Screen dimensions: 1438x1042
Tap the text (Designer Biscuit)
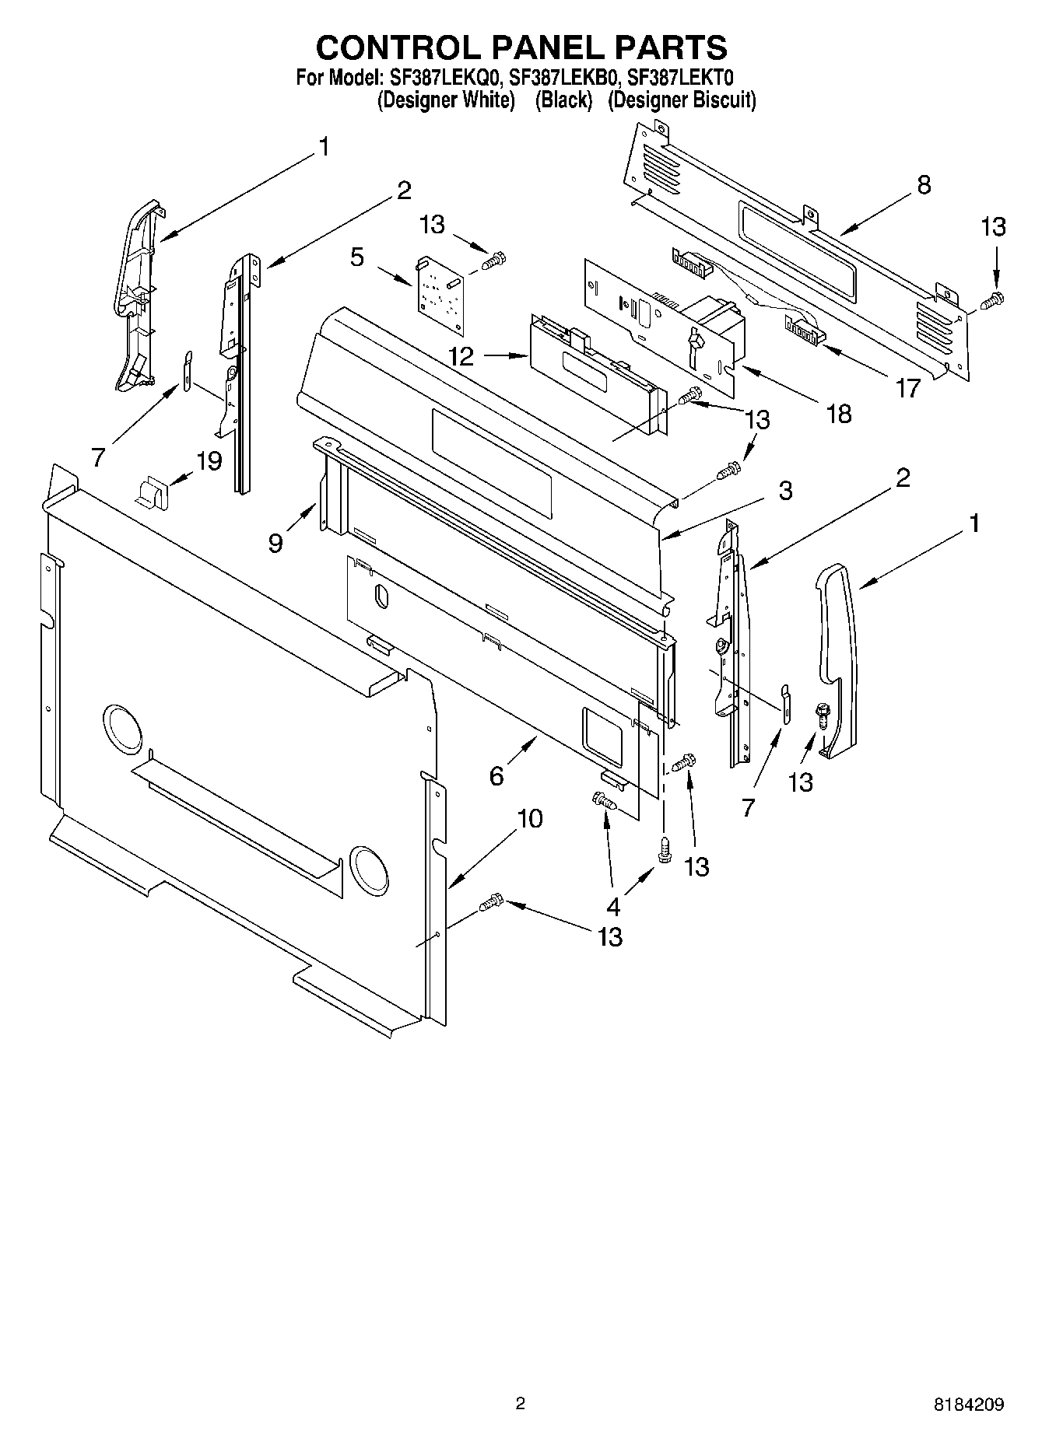(x=682, y=100)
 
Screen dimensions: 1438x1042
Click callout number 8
(x=924, y=185)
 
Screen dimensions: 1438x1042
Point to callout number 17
(x=907, y=387)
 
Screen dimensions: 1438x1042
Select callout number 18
(x=839, y=413)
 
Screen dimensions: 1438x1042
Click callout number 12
(x=461, y=357)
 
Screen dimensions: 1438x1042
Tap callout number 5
(x=357, y=257)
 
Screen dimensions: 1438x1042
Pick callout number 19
(x=209, y=460)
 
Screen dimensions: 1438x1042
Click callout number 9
(x=275, y=542)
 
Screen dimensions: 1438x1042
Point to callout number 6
(x=496, y=775)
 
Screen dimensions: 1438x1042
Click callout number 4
(x=613, y=906)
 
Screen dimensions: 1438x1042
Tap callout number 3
(x=785, y=490)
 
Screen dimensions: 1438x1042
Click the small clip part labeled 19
(x=152, y=492)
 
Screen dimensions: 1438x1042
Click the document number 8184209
(x=968, y=1404)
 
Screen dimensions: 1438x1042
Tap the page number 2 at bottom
(x=521, y=1403)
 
